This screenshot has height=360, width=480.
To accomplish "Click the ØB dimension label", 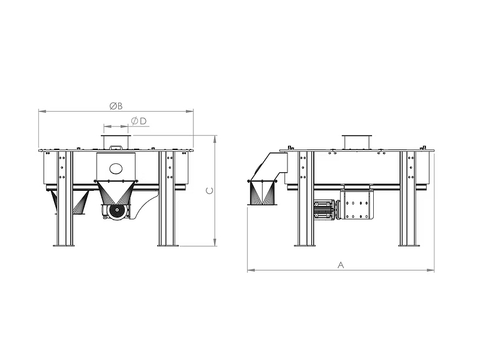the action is pos(116,106).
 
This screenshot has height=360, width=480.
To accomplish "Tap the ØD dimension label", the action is pos(139,121).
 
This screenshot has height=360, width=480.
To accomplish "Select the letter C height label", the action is pos(209,191).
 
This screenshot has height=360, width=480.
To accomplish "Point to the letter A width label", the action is pos(341,265).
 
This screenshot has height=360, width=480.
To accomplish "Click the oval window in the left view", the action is pos(116,168).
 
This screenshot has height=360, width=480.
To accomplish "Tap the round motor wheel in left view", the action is pos(117,211).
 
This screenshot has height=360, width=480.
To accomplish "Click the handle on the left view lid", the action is pos(116,147).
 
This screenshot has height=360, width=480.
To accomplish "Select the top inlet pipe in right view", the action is pos(357,142).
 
